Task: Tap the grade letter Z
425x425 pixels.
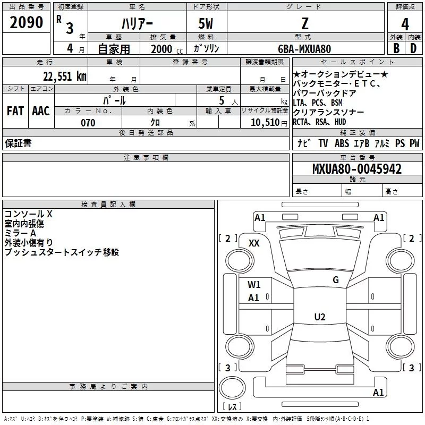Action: [x=304, y=23]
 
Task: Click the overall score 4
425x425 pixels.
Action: [x=405, y=24]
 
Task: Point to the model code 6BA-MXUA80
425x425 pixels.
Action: [x=304, y=48]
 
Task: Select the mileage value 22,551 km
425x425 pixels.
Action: [x=64, y=76]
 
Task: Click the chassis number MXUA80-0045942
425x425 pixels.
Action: [x=357, y=169]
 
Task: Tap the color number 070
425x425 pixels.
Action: [x=88, y=123]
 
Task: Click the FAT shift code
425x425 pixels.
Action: [x=15, y=111]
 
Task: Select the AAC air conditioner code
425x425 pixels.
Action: [x=41, y=111]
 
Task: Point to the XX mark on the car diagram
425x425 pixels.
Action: [x=254, y=243]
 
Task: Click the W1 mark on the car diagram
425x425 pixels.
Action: [x=254, y=284]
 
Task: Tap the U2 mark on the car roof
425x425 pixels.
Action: [x=319, y=317]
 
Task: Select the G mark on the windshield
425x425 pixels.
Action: [x=336, y=280]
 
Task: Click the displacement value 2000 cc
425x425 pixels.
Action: [x=166, y=49]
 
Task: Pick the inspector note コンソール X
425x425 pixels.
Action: [x=29, y=214]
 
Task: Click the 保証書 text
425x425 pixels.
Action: [x=18, y=143]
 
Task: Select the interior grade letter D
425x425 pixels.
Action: [x=413, y=48]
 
